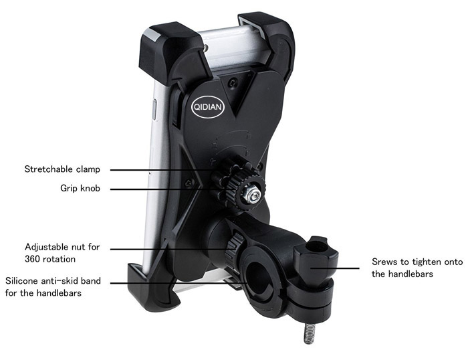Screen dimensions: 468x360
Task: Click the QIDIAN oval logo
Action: (x=207, y=106)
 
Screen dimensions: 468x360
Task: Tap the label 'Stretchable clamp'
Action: (x=62, y=169)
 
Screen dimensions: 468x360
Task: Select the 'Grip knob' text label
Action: (x=80, y=188)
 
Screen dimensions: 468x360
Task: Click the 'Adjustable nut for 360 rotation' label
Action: (x=62, y=253)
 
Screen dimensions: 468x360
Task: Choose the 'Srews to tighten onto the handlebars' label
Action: (x=417, y=268)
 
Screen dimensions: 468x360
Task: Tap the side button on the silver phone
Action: (x=154, y=110)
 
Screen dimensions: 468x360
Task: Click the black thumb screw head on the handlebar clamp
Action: (x=316, y=257)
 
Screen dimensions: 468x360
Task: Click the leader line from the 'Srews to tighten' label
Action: (x=335, y=268)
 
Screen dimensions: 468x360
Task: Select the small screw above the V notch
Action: (x=233, y=83)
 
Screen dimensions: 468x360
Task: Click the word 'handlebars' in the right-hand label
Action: (x=412, y=274)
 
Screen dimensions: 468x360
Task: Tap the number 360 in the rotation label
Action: (x=33, y=259)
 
